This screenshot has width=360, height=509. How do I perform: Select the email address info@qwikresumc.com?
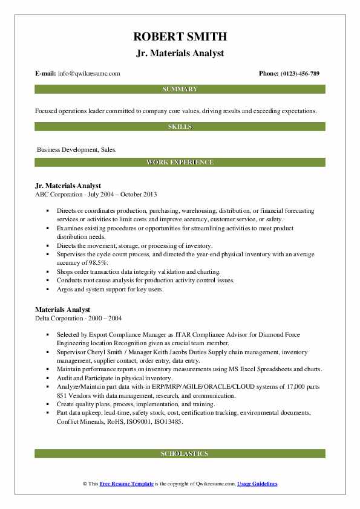[x=88, y=74]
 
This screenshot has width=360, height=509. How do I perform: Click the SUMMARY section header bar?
[x=180, y=89]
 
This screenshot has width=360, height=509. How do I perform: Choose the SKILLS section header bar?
[x=180, y=126]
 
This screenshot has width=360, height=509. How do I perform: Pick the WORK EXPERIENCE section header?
[x=180, y=163]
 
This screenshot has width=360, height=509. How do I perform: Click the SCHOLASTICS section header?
[x=180, y=453]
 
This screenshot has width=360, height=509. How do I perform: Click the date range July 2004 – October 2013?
[x=122, y=195]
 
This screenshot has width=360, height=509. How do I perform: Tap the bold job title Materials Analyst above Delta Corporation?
[x=62, y=310]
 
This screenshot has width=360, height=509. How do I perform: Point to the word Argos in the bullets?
[x=65, y=289]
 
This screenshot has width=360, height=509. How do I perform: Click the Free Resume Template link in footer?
[x=126, y=484]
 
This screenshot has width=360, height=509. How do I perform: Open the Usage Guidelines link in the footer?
[x=257, y=484]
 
